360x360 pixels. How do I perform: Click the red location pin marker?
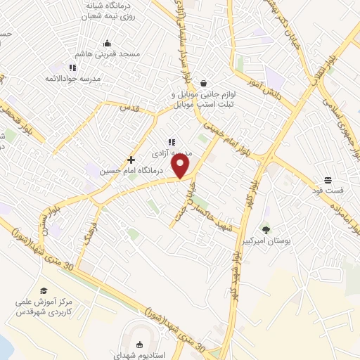(x=181, y=167)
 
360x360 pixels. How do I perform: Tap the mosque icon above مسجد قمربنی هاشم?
(x=107, y=43)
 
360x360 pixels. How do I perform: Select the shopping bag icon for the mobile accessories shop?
(x=204, y=82)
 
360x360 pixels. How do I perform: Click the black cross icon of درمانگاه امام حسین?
(x=131, y=160)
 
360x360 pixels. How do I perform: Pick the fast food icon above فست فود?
(x=328, y=180)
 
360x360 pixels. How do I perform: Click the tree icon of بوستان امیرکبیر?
(x=266, y=229)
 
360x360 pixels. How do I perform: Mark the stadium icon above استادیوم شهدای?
(x=139, y=344)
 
